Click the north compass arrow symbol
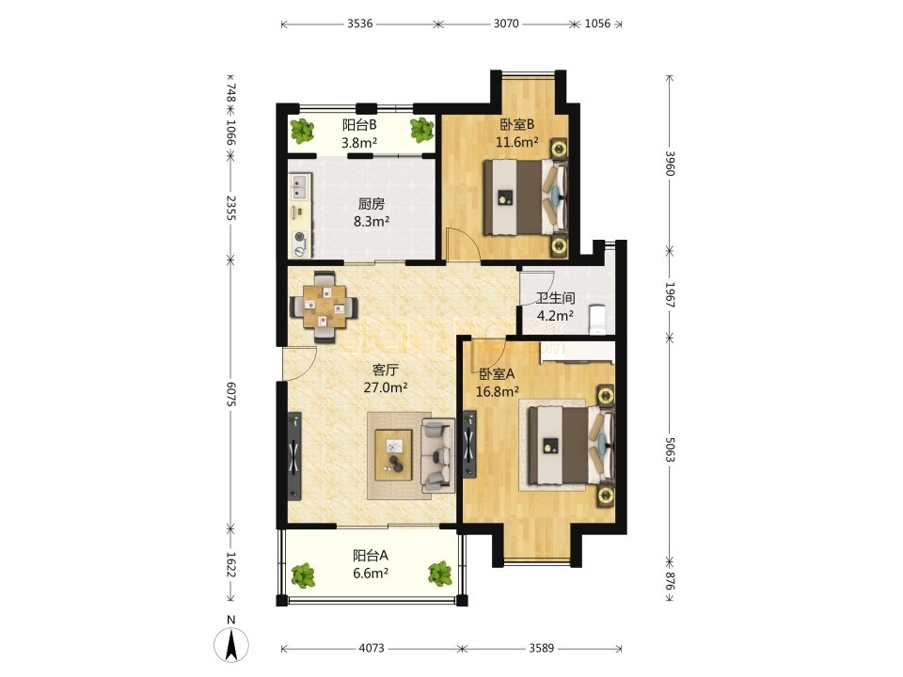pos(231,645)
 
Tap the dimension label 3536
pos(360,24)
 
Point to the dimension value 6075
pos(230,394)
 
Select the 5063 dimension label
pos(670,449)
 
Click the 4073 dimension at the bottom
pos(372,648)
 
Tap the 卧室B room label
pos(517,124)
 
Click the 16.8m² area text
pos(498,392)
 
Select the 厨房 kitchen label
pos(372,204)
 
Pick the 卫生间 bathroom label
pos(555,298)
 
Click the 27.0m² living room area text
pos(386,386)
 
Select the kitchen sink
pos(299,186)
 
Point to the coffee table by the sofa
pos(393,455)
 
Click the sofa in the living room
pos(437,455)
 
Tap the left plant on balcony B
pos(302,131)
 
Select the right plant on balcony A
pos(440,574)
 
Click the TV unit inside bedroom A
pos(470,445)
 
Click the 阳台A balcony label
pos(371,556)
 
